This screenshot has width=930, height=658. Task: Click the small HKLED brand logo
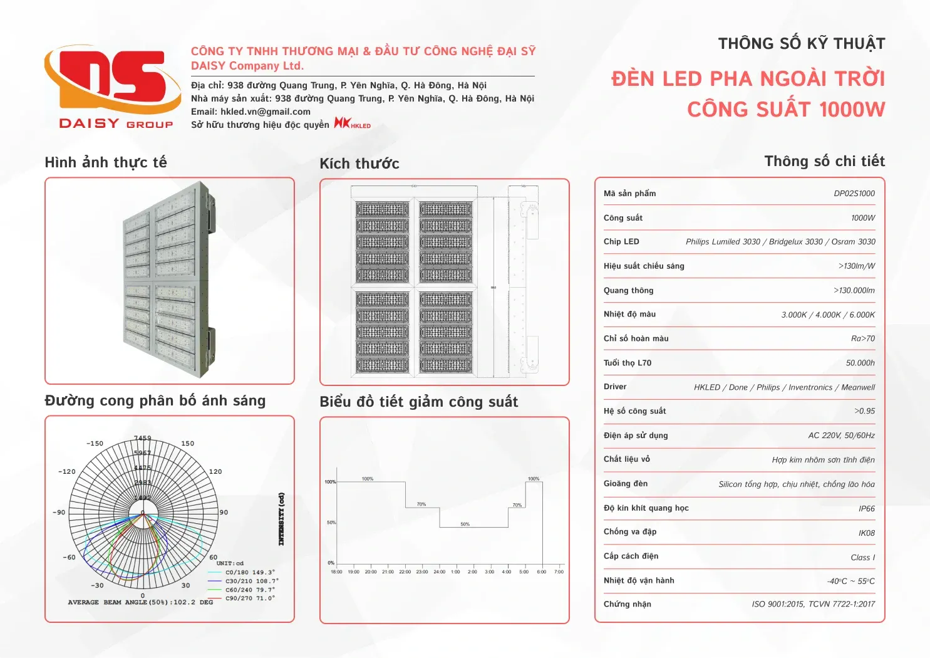coord(352,123)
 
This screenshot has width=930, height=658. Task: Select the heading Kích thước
coord(359,164)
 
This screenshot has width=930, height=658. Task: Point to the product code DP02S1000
coord(854,194)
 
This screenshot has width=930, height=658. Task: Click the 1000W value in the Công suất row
coord(863,218)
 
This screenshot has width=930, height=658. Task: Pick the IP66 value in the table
coord(867,509)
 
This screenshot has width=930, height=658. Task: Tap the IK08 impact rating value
coord(867,533)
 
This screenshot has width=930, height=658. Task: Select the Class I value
coord(863,558)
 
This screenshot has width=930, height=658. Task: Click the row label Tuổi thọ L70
coord(628,363)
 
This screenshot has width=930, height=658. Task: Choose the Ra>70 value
coord(863,338)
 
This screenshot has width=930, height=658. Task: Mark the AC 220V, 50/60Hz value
coord(841,436)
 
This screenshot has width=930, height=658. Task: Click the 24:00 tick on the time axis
coord(439,572)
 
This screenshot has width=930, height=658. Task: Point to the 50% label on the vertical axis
coord(331,523)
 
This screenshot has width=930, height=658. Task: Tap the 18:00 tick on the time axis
coord(336,572)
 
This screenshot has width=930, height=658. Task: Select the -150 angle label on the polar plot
coord(95,444)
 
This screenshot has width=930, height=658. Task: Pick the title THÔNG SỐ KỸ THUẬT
coord(802,44)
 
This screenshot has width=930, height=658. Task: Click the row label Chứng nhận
coord(628,604)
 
